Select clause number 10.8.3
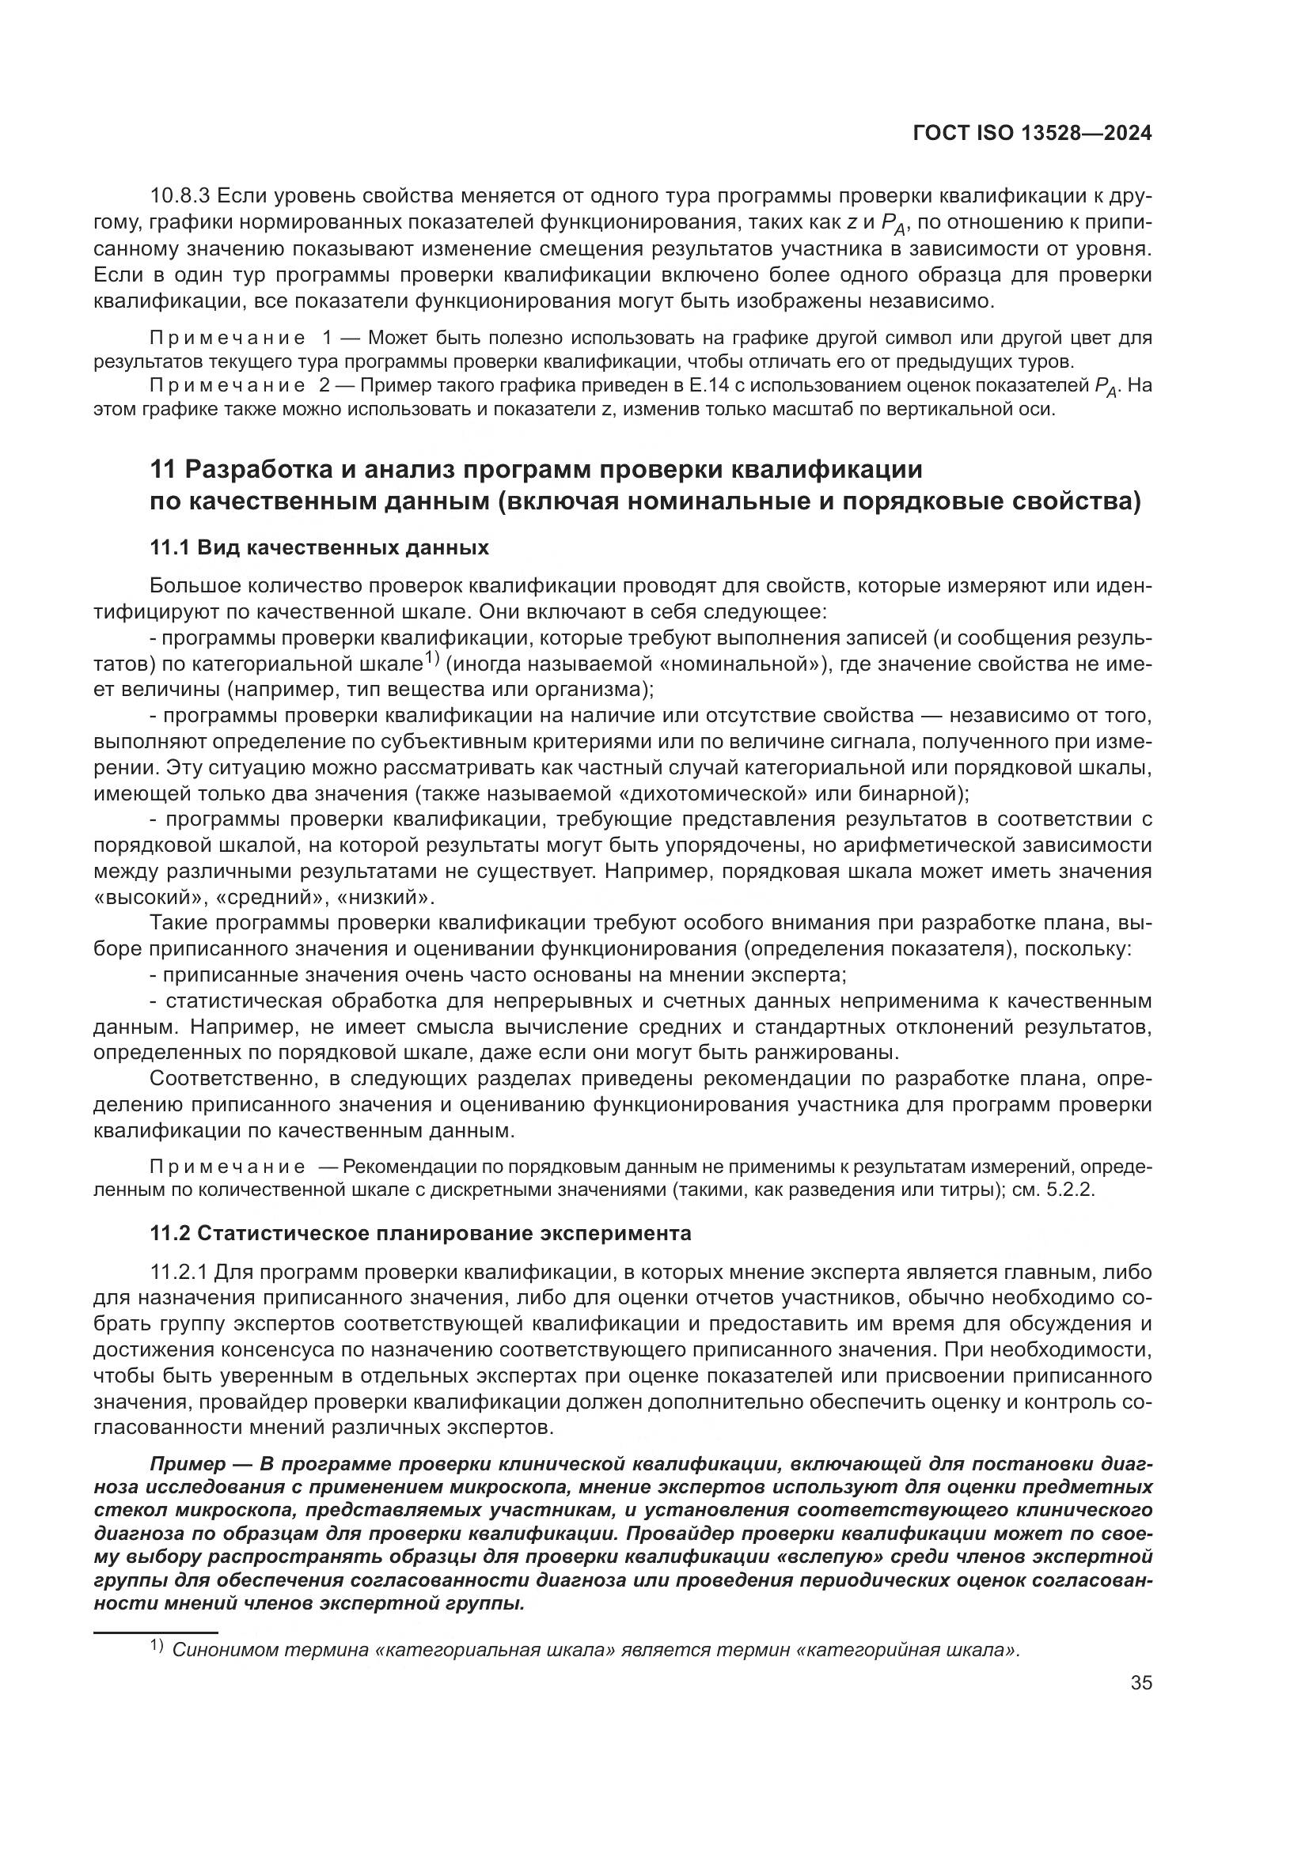(180, 197)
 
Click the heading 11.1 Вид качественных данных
(319, 549)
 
